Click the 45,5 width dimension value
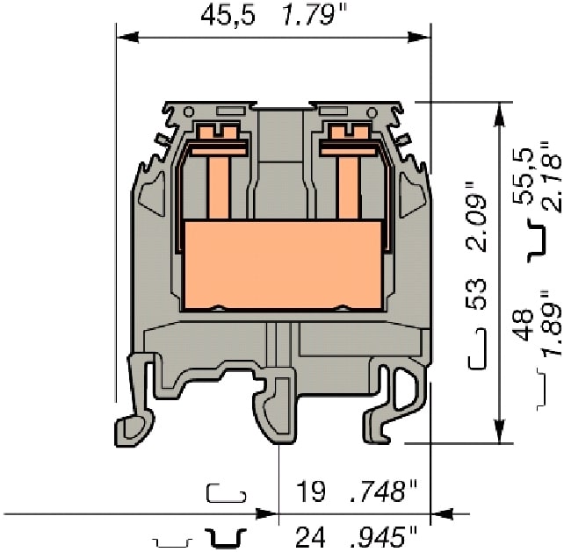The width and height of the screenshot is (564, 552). coord(228,15)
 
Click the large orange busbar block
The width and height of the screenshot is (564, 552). coord(286,264)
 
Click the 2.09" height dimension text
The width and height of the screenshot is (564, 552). coord(475,217)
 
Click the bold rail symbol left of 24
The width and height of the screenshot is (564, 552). coord(226,536)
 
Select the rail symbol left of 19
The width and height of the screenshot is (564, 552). coord(225,492)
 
